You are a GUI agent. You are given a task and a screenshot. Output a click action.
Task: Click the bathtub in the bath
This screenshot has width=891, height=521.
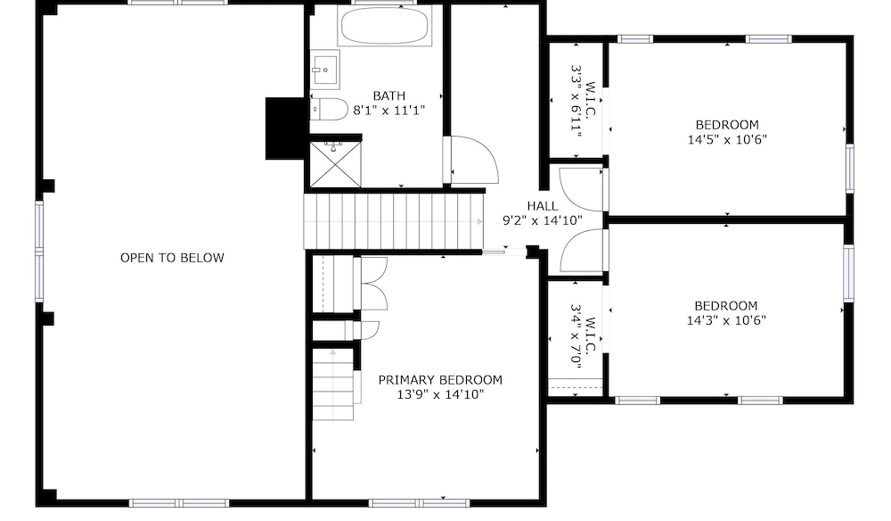pos(385,26)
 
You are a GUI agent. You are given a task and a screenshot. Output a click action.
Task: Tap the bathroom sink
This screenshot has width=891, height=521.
pos(324,70)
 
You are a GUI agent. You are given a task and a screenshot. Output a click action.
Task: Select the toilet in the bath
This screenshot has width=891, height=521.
pos(329,109)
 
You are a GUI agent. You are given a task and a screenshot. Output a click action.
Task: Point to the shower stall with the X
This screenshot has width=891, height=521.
pos(335,164)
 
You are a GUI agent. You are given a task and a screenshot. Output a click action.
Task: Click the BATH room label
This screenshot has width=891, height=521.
pos(389,95)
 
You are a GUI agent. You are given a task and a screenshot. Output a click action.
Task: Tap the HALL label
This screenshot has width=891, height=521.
pos(542,206)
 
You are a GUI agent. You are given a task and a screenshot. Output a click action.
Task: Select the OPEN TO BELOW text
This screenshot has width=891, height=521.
pos(172,258)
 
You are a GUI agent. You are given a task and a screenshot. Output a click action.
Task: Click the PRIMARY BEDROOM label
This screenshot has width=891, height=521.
pos(440,379)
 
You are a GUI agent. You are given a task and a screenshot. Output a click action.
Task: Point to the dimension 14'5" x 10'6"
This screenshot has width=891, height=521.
pos(727,139)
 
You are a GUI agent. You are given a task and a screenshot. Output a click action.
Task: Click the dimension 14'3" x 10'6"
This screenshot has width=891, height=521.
pos(726,320)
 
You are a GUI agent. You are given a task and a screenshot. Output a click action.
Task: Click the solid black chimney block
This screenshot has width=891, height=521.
pos(285,128)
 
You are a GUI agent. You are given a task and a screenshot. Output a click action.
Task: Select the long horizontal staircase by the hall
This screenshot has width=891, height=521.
pos(393,221)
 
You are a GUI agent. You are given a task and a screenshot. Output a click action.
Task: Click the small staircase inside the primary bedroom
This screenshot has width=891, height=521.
pos(333,385)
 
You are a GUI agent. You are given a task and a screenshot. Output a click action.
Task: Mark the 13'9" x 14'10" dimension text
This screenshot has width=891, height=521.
pos(440,394)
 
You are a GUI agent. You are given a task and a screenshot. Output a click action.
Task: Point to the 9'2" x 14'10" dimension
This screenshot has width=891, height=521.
pos(543,220)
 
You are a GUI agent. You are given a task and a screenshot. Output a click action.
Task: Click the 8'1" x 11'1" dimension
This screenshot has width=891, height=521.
pos(389,111)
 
